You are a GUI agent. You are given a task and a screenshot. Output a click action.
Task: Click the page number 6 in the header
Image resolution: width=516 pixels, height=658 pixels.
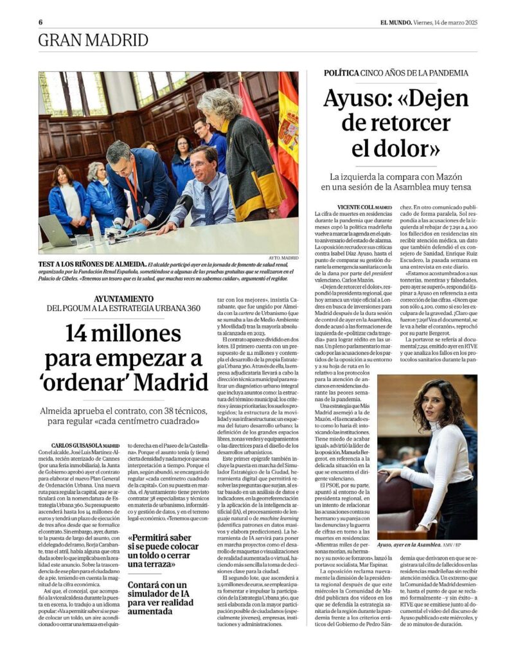40,21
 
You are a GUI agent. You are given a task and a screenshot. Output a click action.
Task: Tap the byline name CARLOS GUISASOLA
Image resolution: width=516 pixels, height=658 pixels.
76,445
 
